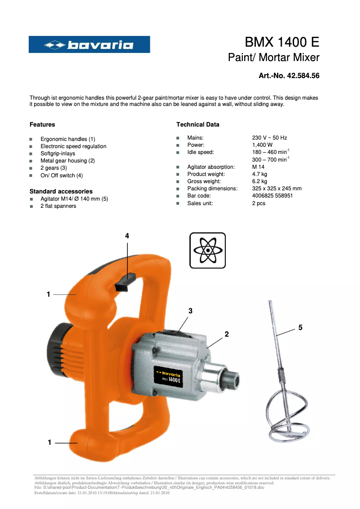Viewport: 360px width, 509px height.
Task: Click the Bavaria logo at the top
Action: click(89, 44)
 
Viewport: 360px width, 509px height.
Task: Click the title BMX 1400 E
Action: click(282, 42)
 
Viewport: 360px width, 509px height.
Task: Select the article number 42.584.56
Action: click(289, 76)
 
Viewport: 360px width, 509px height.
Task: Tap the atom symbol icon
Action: click(207, 250)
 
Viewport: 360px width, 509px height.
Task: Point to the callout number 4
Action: click(127, 236)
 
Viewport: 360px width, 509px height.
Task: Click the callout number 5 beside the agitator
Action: click(300, 328)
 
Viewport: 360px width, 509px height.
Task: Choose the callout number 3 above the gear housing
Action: click(190, 311)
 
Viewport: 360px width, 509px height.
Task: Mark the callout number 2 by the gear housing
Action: click(227, 334)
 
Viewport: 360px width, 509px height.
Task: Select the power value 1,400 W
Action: click(262, 145)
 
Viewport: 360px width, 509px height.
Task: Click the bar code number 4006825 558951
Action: click(272, 196)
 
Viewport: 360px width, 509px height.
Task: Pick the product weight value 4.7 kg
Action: click(259, 174)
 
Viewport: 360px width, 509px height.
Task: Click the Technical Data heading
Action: click(198, 124)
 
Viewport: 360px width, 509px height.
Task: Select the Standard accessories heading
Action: click(61, 191)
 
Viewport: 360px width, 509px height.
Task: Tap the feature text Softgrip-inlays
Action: click(58, 154)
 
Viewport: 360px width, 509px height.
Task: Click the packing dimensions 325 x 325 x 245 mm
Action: click(277, 189)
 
